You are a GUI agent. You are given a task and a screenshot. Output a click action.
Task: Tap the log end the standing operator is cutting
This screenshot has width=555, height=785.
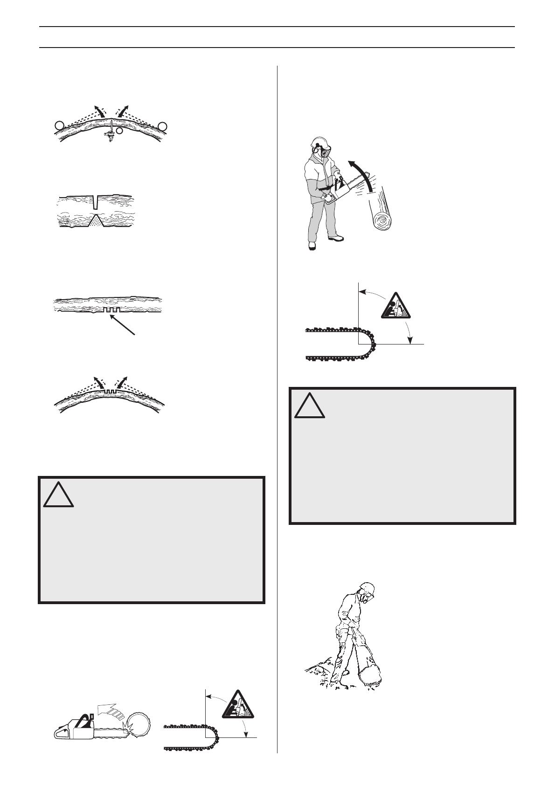click(x=382, y=221)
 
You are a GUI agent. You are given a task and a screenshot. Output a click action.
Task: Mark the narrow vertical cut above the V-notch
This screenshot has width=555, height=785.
click(x=96, y=202)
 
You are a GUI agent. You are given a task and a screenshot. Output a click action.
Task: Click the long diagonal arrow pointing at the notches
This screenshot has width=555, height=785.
click(x=122, y=324)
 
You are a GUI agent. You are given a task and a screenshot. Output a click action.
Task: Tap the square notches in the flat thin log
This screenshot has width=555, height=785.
click(x=112, y=310)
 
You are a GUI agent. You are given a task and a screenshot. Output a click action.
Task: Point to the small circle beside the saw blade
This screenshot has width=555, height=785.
click(x=120, y=131)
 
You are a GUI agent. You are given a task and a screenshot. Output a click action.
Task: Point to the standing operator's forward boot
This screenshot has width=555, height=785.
click(x=335, y=238)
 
